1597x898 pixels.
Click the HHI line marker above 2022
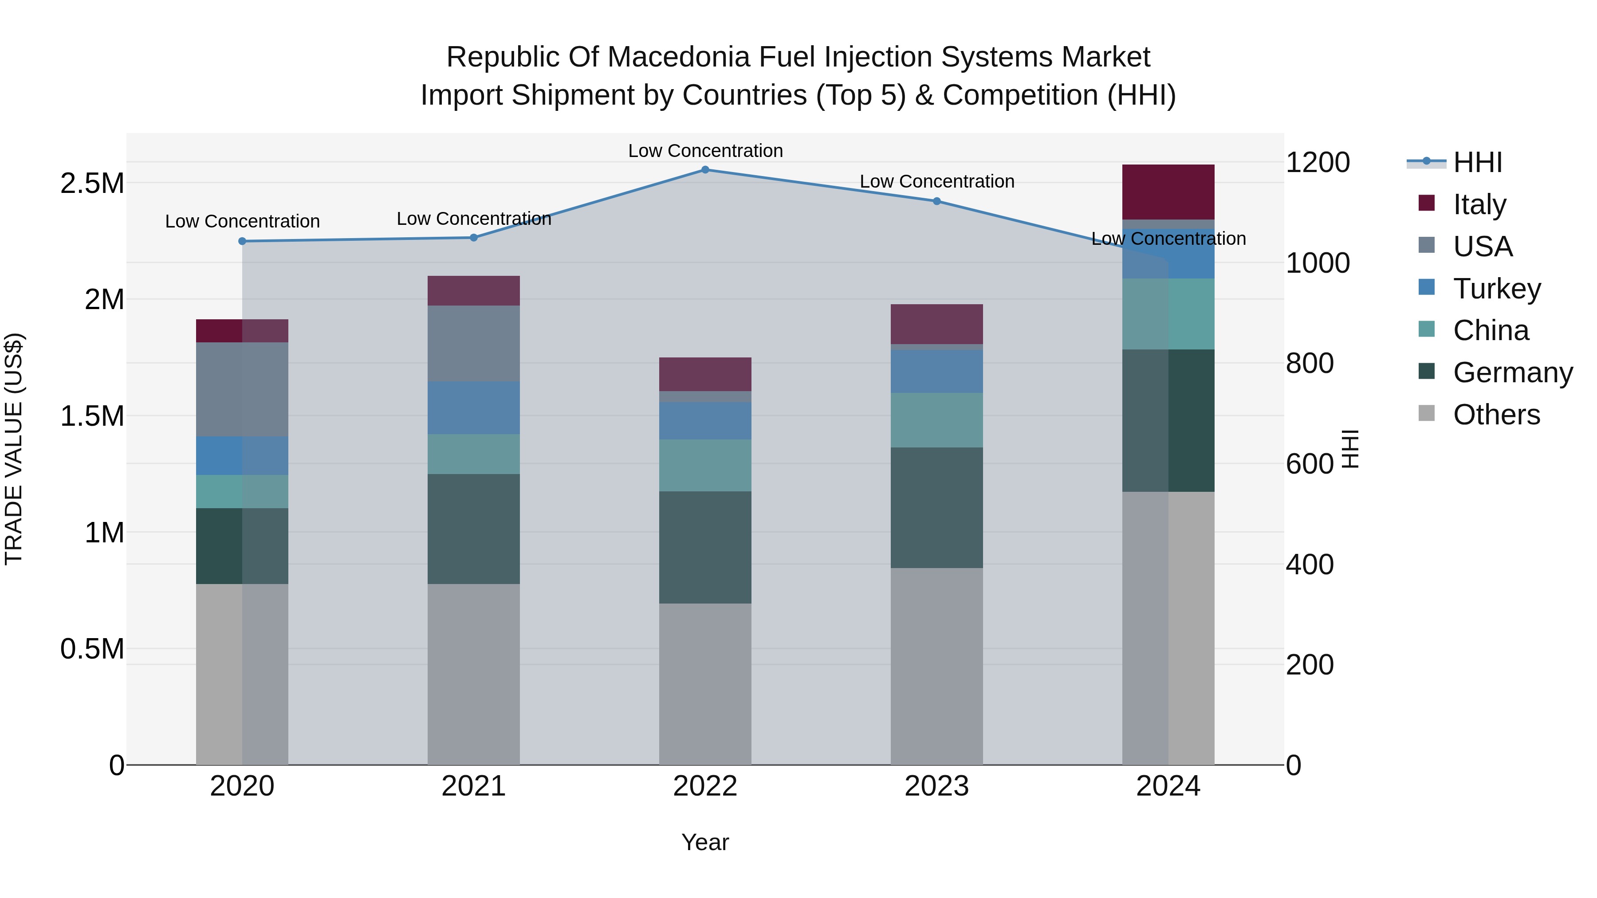(705, 169)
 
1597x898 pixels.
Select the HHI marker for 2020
(242, 241)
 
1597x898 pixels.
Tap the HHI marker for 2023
(937, 201)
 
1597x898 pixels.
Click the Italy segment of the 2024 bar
(1168, 192)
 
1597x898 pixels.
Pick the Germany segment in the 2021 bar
(474, 529)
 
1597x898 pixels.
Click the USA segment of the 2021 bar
(474, 343)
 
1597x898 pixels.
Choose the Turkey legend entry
(1496, 289)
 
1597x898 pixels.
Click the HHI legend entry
(1477, 162)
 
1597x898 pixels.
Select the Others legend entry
(1496, 415)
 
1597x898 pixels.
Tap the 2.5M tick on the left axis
(92, 184)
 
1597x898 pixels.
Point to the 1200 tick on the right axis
(1318, 162)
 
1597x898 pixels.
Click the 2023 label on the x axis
(937, 786)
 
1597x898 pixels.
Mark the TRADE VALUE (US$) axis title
(14, 449)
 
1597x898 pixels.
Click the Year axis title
(705, 842)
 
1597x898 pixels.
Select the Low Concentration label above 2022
(705, 151)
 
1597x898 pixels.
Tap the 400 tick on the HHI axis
(1310, 565)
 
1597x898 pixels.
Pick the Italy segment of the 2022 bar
(705, 374)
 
